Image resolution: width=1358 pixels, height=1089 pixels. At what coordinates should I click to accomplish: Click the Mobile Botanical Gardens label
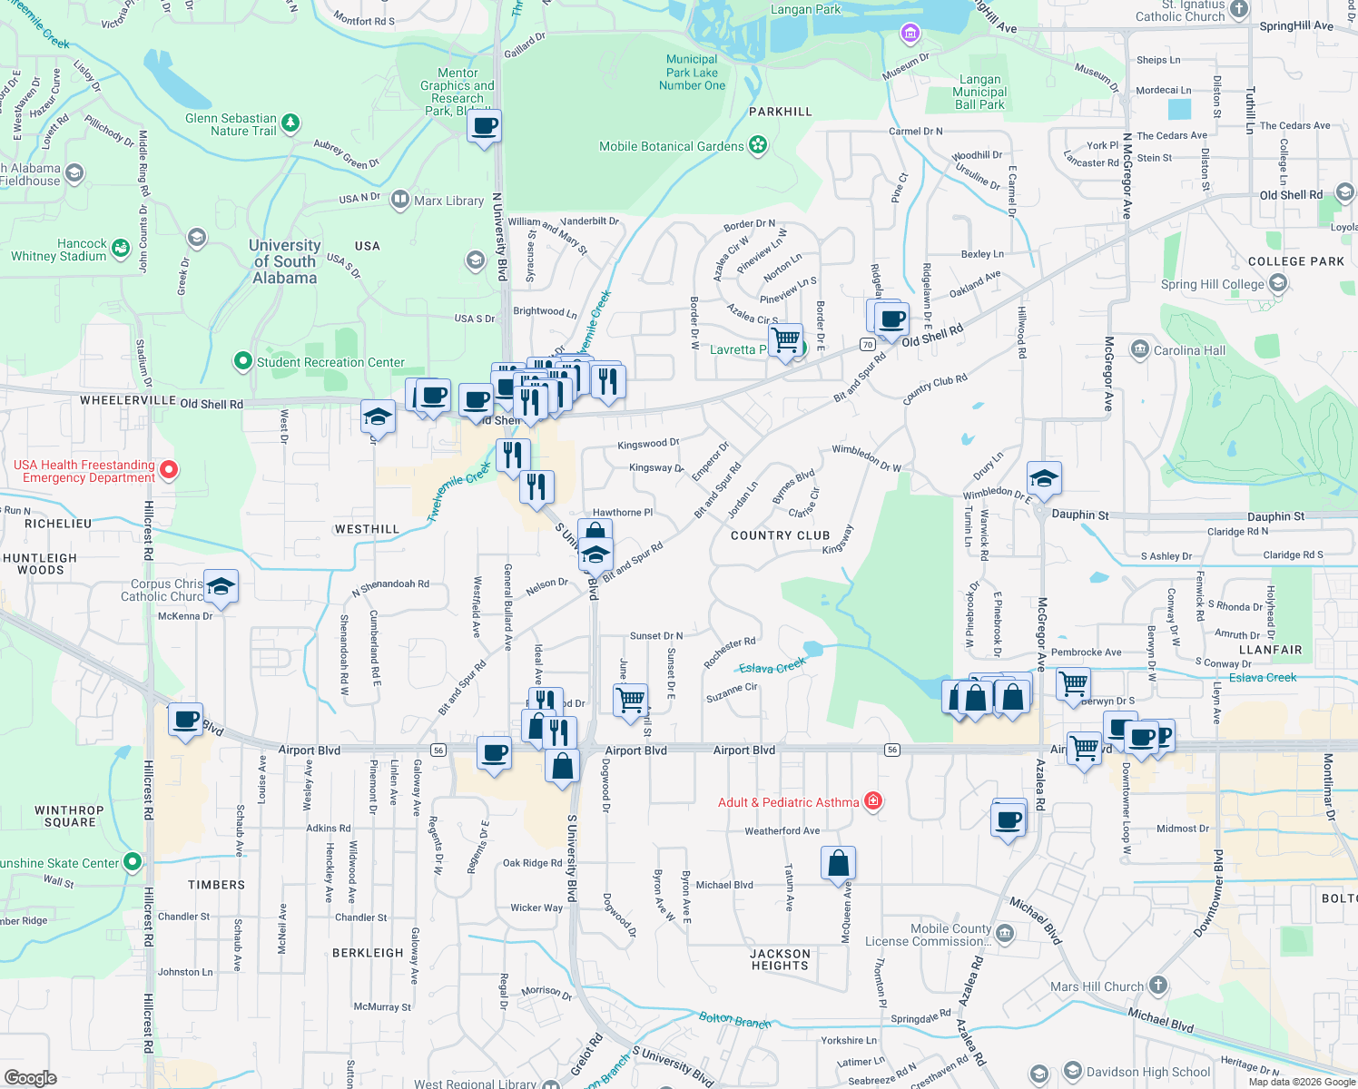[x=671, y=146]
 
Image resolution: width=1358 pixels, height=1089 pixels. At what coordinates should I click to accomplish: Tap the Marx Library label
[x=448, y=201]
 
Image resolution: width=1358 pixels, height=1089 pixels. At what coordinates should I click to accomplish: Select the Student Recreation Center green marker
[x=242, y=361]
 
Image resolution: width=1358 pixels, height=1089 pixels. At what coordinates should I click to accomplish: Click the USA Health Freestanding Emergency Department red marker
[x=169, y=470]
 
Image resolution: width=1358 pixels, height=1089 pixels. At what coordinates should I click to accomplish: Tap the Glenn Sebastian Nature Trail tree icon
[x=290, y=123]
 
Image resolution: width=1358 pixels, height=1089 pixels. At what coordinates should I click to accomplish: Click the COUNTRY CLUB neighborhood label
[x=780, y=535]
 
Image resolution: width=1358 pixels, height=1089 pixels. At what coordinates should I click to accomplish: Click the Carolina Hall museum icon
[x=1139, y=349]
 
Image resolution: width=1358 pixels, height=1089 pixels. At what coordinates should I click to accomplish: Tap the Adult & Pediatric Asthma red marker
[x=873, y=800]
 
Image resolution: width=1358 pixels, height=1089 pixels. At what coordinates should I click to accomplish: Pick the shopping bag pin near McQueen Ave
[x=838, y=863]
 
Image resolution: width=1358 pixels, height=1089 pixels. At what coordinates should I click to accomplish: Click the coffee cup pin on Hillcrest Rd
[x=186, y=720]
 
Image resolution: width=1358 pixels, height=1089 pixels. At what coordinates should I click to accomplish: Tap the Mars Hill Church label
[x=1097, y=986]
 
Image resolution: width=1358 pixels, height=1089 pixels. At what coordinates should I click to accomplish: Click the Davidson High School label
[x=1148, y=1072]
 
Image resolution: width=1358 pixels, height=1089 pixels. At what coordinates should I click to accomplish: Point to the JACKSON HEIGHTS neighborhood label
[x=780, y=959]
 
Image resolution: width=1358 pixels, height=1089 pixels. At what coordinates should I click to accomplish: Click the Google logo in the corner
[x=30, y=1078]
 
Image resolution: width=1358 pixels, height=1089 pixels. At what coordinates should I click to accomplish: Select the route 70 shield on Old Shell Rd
[x=868, y=345]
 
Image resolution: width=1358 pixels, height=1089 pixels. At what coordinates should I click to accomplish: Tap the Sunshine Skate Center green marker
[x=133, y=861]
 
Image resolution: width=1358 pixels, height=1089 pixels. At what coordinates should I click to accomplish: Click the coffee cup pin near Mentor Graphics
[x=485, y=126]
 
